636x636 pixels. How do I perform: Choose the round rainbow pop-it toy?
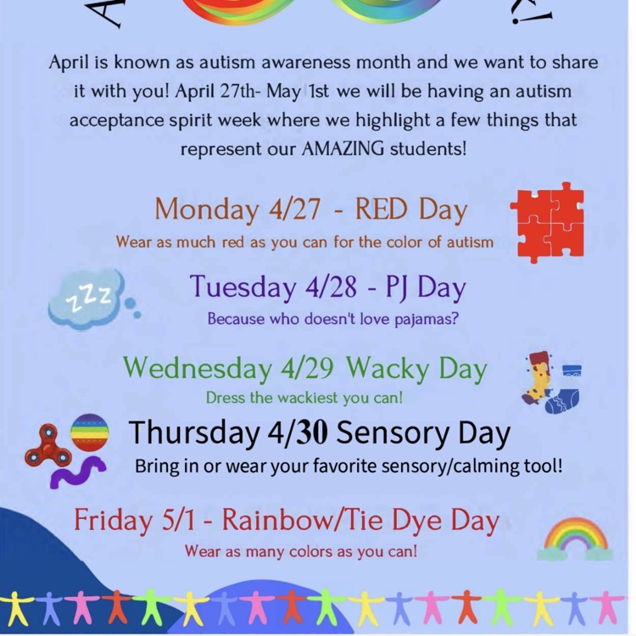pos(90,432)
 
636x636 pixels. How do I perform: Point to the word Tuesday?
pos(243,287)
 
